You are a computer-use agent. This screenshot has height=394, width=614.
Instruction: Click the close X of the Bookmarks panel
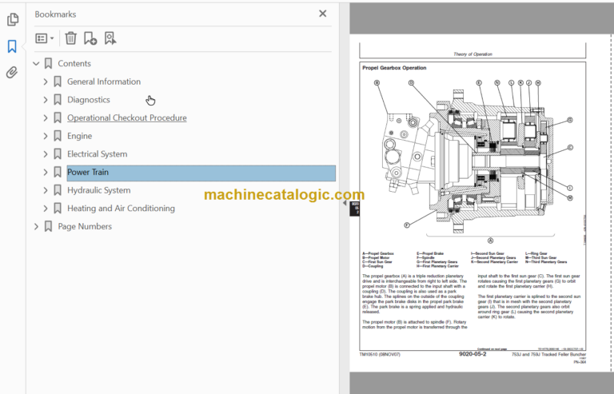[x=323, y=14]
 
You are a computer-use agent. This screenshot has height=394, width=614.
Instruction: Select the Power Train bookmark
[x=88, y=173]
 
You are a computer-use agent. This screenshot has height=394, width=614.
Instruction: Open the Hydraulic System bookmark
[x=98, y=190]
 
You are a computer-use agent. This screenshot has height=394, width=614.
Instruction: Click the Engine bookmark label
[x=79, y=136]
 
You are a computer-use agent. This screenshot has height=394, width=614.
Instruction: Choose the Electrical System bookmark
[x=97, y=154]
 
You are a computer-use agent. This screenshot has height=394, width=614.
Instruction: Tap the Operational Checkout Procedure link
[x=126, y=118]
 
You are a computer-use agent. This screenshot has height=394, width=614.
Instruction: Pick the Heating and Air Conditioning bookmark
[x=121, y=209]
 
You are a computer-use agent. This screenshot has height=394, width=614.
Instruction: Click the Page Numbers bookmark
[x=85, y=227]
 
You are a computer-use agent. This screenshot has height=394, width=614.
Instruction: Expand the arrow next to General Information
[x=46, y=82]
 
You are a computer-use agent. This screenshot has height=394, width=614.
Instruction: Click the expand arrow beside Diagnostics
[x=46, y=100]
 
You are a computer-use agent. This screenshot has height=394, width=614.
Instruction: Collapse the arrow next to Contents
[x=36, y=64]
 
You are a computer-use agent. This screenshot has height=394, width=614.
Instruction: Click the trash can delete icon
[x=71, y=38]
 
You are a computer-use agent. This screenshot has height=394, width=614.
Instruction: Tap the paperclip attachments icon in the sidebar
[x=12, y=73]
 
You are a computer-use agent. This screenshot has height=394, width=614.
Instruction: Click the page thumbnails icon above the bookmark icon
[x=12, y=20]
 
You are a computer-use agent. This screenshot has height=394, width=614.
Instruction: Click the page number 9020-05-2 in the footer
[x=473, y=355]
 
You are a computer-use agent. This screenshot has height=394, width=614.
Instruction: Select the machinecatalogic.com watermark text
[x=284, y=195]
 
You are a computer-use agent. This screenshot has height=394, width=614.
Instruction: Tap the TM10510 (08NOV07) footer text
[x=381, y=355]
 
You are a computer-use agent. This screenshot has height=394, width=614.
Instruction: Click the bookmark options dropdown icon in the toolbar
[x=45, y=38]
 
